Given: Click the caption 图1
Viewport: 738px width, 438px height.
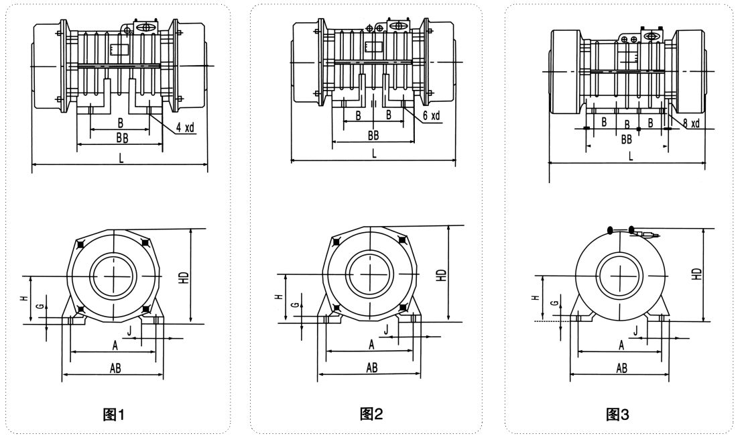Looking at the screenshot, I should coord(114,415).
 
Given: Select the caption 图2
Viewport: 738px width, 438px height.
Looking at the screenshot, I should coord(371,413).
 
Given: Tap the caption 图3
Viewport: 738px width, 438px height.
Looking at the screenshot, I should coord(617,415).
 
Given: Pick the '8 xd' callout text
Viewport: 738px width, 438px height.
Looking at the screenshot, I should coord(691,123).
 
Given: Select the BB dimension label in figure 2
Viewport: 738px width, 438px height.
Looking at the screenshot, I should coord(373,135).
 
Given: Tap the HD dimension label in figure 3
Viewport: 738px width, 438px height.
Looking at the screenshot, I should coord(697,273).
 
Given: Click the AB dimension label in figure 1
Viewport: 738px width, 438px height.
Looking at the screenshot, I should coord(115,368).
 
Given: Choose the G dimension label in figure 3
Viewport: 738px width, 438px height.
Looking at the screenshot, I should coord(554,303).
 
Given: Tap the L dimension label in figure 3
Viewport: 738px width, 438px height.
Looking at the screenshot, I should coord(631,156).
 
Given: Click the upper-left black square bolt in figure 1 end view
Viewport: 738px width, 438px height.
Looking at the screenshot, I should coord(80,245).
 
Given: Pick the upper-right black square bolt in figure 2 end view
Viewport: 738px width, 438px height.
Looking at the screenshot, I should coord(402,240).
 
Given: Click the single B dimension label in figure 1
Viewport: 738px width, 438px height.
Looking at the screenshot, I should coord(120,122).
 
